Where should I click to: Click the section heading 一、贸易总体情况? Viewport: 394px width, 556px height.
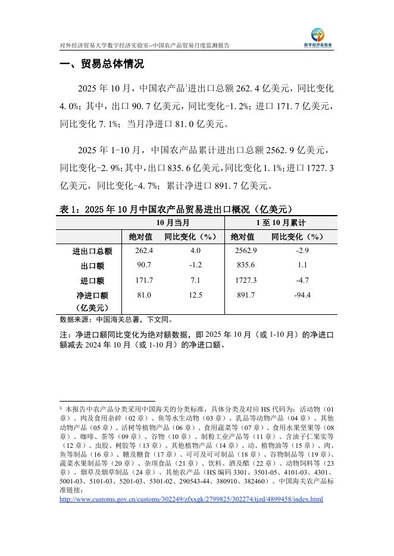[x=102, y=64]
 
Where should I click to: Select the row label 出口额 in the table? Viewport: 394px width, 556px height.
[x=92, y=266]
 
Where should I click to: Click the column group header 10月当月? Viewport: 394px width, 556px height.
[x=173, y=223]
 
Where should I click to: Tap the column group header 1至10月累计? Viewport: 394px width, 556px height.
[x=280, y=223]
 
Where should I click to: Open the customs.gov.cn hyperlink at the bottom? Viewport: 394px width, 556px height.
[x=192, y=500]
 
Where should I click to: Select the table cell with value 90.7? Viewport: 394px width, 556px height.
[x=144, y=266]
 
